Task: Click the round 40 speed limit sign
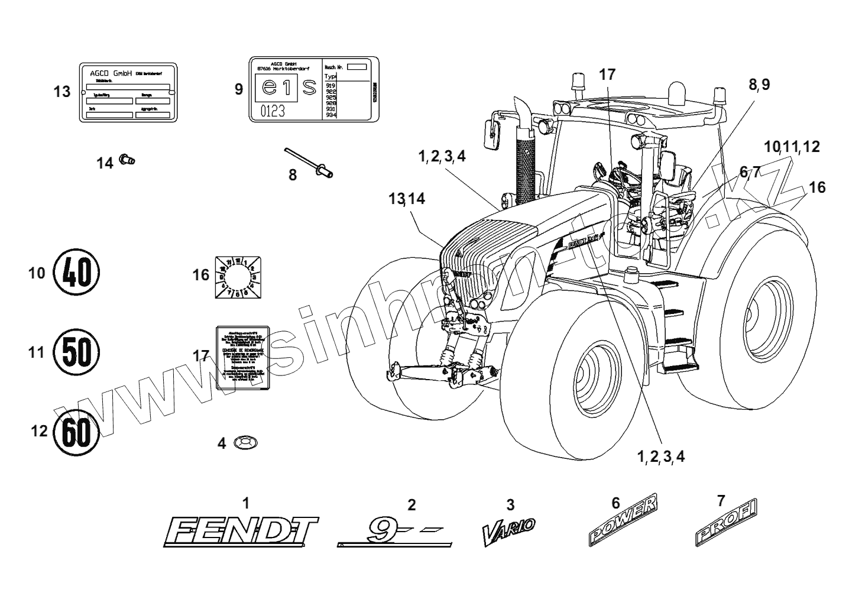click(x=76, y=273)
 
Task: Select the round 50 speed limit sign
click(x=76, y=352)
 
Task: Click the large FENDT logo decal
click(x=240, y=531)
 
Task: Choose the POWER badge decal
click(x=623, y=520)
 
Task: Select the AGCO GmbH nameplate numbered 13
click(x=129, y=92)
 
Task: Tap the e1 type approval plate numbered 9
click(x=313, y=90)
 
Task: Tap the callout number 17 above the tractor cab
click(x=607, y=75)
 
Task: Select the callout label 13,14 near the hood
click(x=407, y=199)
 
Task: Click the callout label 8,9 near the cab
click(x=759, y=85)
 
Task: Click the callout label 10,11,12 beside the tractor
click(x=791, y=147)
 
